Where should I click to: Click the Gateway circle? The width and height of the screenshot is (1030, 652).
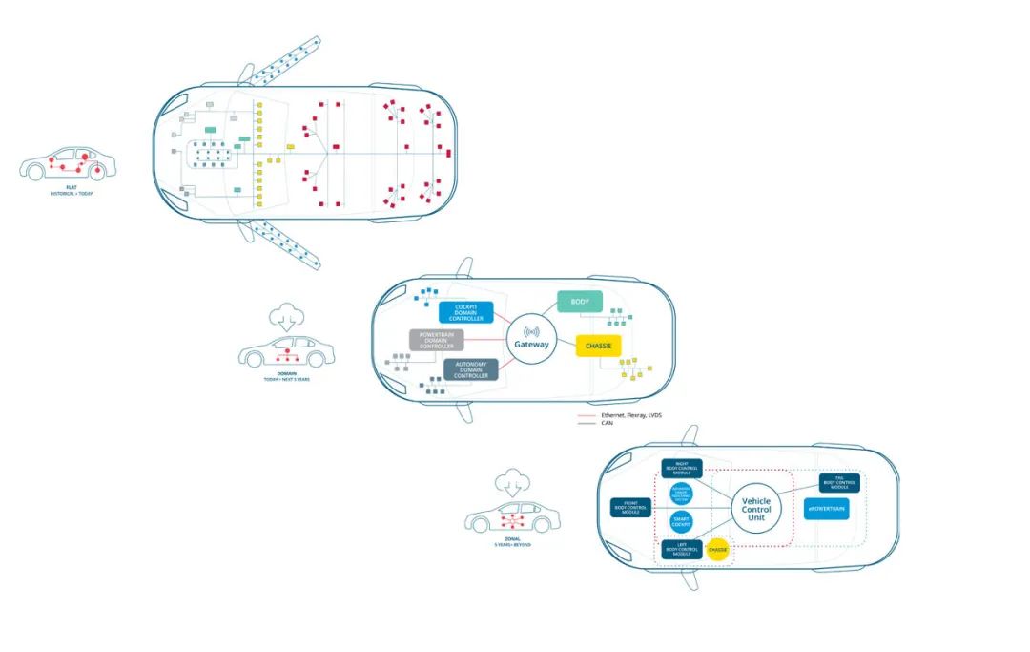531,344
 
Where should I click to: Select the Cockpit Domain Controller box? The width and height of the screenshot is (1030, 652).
466,312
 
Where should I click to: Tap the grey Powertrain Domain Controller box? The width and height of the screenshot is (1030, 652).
436,340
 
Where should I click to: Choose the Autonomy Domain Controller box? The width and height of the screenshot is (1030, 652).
471,370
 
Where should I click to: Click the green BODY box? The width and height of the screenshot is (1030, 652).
579,302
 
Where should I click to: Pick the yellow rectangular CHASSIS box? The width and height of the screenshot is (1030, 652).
599,345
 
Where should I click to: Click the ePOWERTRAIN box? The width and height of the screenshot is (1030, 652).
826,510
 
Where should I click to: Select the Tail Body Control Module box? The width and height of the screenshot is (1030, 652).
839,484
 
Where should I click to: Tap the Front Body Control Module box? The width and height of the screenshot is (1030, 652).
630,508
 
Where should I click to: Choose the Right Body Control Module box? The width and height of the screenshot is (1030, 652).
681,469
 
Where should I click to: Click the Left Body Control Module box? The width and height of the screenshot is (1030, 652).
681,550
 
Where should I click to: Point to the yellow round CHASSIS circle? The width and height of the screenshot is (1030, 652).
717,550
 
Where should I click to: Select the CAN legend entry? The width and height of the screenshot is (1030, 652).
608,423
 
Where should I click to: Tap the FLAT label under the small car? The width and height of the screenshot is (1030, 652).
72,187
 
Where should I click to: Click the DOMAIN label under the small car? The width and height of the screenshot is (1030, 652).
286,373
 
